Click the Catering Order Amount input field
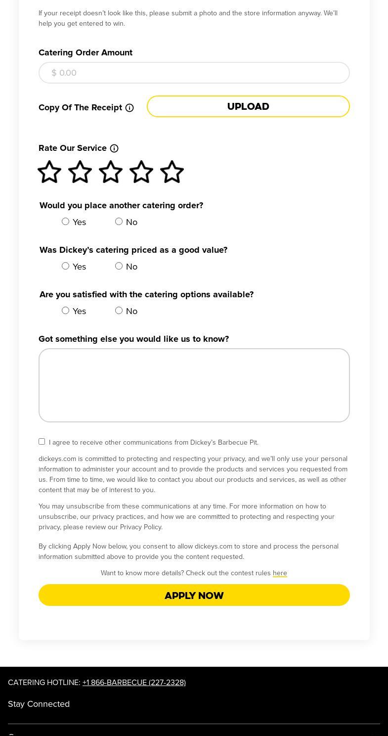coord(194,73)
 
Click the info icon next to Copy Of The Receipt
coord(129,108)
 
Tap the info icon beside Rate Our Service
coord(114,148)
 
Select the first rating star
coord(49,172)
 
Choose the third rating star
coord(111,172)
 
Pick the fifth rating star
coord(172,172)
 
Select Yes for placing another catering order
coord(65,222)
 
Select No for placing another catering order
coord(119,222)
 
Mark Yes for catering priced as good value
coord(65,266)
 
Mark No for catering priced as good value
coord(119,266)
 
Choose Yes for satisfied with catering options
coord(65,311)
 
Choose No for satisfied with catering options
coord(119,311)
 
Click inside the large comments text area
coord(194,385)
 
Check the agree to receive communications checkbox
coord(42,442)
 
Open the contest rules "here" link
coord(280,573)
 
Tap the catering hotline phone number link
coord(134,683)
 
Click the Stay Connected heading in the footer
coord(39,704)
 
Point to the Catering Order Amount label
coord(86,52)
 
